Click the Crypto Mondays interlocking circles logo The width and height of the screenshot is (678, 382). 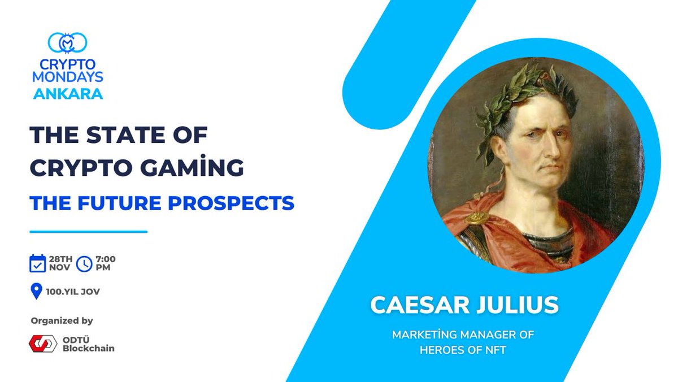point(67,43)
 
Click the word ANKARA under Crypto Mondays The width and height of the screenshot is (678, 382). point(68,94)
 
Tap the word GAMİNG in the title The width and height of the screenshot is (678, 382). point(197,168)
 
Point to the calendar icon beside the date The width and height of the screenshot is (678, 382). point(37,263)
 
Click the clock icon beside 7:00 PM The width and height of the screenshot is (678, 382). point(84,263)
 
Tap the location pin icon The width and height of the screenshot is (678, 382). point(36,292)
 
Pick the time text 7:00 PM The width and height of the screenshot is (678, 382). point(105,263)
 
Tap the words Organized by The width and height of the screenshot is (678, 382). point(62,320)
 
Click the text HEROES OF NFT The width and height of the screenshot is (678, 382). point(463,350)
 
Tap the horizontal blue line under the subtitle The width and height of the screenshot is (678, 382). point(88,232)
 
